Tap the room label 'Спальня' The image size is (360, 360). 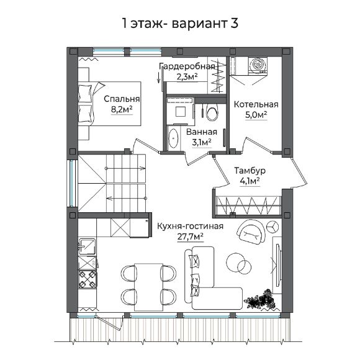click(x=122, y=99)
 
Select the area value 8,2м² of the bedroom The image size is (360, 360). click(x=122, y=109)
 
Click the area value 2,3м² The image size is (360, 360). click(x=186, y=77)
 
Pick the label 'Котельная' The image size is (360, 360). click(x=256, y=104)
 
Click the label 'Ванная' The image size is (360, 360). click(x=201, y=132)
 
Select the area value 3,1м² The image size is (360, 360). click(x=201, y=143)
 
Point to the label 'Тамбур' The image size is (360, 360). click(x=250, y=171)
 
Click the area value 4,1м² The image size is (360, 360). click(x=250, y=181)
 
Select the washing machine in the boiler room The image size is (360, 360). click(x=258, y=65)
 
